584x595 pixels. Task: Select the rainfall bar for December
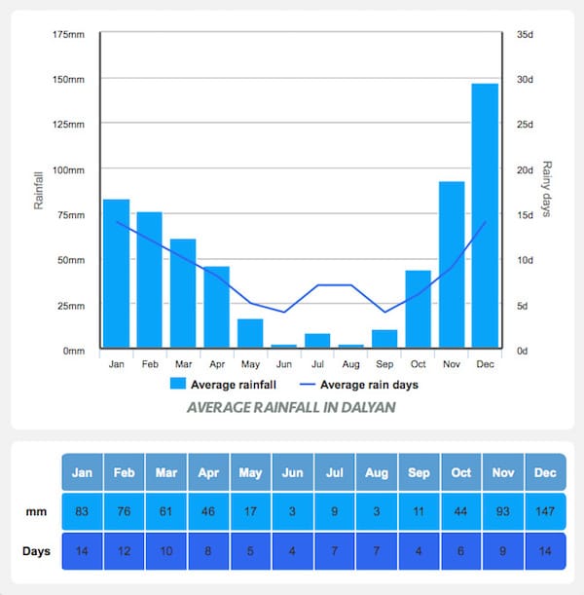pyautogui.click(x=485, y=215)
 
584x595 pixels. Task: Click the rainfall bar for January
pyautogui.click(x=117, y=274)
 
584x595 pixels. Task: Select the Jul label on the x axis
pyautogui.click(x=317, y=364)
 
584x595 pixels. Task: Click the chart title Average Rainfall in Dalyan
pyautogui.click(x=291, y=407)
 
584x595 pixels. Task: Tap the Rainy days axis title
pyautogui.click(x=547, y=189)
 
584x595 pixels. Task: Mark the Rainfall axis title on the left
pyautogui.click(x=39, y=189)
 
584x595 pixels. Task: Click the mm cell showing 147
pyautogui.click(x=545, y=511)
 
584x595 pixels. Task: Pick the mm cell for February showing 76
pyautogui.click(x=125, y=511)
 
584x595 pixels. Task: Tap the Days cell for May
pyautogui.click(x=250, y=551)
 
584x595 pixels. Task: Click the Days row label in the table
pyautogui.click(x=37, y=551)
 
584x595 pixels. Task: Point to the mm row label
pyautogui.click(x=37, y=511)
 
